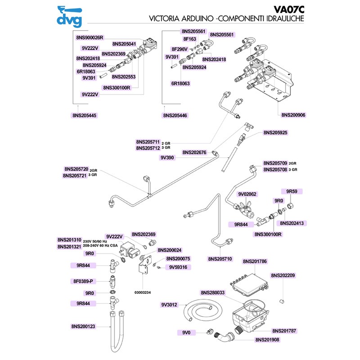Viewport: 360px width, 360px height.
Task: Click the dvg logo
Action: [68, 15]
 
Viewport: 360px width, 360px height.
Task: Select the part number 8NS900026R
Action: [90, 37]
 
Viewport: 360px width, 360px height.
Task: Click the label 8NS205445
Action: [84, 116]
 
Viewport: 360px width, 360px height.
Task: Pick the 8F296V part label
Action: [180, 49]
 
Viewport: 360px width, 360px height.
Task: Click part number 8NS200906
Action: [293, 115]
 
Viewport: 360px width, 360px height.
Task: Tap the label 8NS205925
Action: [275, 133]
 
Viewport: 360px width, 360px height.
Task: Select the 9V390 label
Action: [167, 158]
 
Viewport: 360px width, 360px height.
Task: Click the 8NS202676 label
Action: [194, 153]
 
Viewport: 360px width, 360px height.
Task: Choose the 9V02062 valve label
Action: [247, 194]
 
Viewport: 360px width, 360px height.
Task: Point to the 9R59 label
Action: [292, 191]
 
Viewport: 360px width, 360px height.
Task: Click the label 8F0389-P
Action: [83, 281]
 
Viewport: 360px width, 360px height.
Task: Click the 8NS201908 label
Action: [267, 340]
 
